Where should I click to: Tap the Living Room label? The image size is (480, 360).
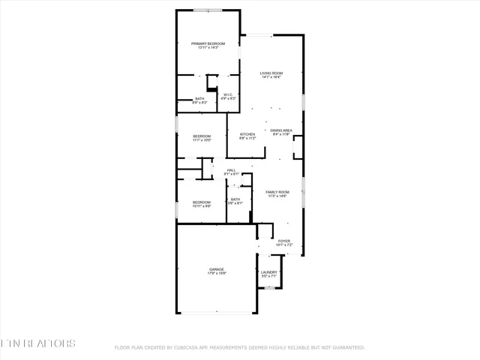point(271,73)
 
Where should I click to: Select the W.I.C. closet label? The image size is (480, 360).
point(229,94)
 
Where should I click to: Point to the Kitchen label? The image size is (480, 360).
point(247,134)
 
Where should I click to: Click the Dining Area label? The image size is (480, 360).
point(281,130)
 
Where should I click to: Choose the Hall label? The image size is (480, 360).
point(232,170)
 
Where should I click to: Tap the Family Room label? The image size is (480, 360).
point(277,192)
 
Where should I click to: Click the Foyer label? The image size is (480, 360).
point(283,241)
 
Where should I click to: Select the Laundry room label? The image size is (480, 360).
point(269,272)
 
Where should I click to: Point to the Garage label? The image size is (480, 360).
point(217,269)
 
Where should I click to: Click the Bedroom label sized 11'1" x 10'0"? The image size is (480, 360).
point(202,136)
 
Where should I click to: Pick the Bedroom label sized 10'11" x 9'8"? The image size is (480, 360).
point(202,202)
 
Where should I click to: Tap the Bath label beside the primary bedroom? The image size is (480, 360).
point(199,98)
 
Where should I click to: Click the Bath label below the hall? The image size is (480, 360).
point(235,199)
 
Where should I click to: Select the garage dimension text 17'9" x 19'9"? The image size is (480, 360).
point(217,274)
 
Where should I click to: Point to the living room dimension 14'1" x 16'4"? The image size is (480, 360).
point(271,77)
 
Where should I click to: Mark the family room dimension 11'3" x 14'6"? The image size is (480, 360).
point(277,196)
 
